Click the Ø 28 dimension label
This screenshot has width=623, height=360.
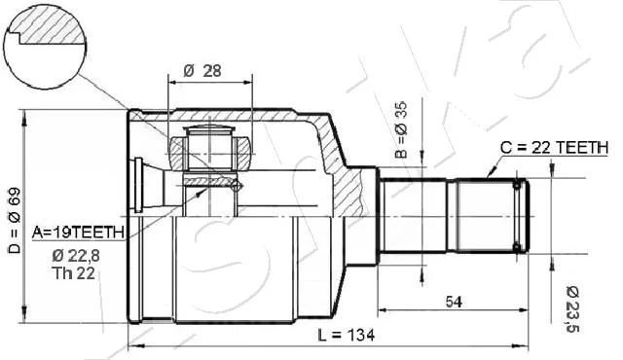[x=202, y=71]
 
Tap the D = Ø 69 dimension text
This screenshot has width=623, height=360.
[x=15, y=220]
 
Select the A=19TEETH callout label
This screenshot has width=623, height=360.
[x=78, y=233]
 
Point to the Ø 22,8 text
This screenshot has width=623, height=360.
[x=76, y=256]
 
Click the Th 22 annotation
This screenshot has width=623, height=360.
[x=73, y=273]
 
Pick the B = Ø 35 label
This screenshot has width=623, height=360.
[x=402, y=129]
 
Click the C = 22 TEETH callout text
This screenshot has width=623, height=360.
[x=554, y=147]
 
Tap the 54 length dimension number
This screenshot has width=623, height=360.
[x=454, y=302]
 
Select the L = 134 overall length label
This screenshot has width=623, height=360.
[x=347, y=336]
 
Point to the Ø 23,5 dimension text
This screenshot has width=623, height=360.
[x=572, y=308]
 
